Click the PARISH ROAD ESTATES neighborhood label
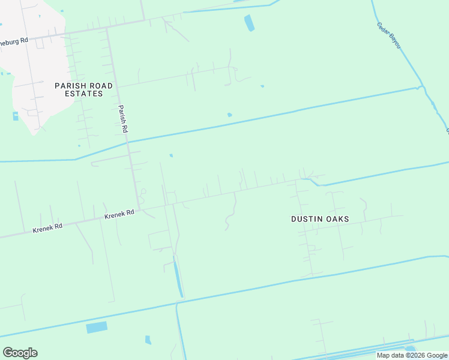pos(83,89)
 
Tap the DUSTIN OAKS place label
pos(320,219)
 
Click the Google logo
pos(20,352)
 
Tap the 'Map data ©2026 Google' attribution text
pos(412,355)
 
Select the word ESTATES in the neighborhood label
pos(83,94)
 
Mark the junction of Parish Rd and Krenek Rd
pos(139,209)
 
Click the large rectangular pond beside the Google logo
pos(97,327)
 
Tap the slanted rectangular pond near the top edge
pos(249,23)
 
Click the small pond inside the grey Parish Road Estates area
pos(15,116)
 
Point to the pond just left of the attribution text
pos(411,348)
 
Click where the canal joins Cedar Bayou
pos(421,88)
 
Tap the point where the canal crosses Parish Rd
pos(127,143)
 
